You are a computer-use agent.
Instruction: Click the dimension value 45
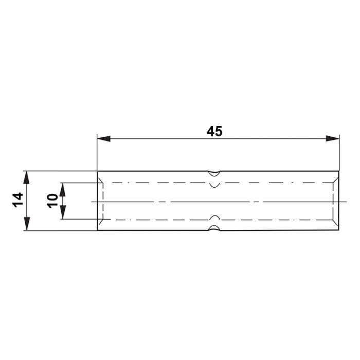[214, 132]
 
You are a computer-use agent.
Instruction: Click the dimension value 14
[17, 200]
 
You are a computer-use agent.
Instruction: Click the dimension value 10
[52, 201]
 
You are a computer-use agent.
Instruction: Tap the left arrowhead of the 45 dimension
[104, 139]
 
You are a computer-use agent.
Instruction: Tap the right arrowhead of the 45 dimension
[332, 138]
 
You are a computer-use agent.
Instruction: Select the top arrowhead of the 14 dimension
[27, 177]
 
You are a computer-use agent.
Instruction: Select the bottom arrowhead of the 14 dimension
[27, 224]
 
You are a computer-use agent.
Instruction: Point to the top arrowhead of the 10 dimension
[63, 190]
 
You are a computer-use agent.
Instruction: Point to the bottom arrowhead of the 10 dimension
[63, 212]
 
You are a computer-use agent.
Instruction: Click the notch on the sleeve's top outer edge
[214, 174]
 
